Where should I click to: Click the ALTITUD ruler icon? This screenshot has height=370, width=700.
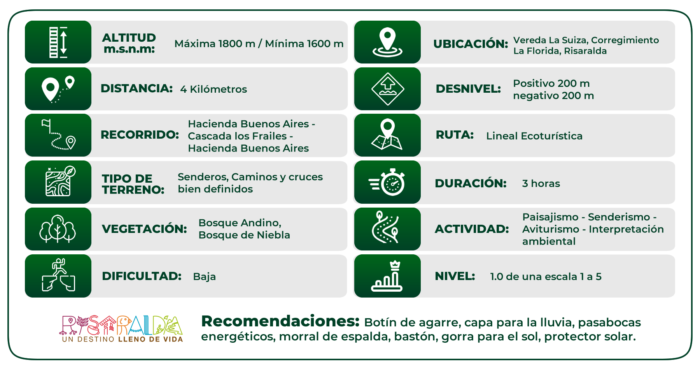[58, 42]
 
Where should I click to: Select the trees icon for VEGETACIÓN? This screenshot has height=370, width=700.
[58, 229]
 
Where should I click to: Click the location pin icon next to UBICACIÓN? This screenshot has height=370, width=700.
[387, 42]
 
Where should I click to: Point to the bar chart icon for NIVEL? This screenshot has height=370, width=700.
[387, 276]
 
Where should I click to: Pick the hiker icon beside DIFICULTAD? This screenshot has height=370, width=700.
[58, 275]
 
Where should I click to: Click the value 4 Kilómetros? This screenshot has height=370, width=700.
[213, 89]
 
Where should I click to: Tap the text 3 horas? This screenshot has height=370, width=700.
[541, 183]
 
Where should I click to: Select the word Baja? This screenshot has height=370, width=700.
[205, 277]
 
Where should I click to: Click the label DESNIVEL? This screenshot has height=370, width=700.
[468, 89]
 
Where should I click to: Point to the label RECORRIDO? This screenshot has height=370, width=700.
[140, 135]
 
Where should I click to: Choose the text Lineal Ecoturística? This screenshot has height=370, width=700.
[534, 136]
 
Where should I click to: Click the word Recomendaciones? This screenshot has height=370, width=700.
[280, 321]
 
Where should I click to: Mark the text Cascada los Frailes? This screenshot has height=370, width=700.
[237, 136]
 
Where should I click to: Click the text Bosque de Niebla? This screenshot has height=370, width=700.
[244, 235]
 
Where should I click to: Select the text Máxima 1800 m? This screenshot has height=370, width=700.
[215, 44]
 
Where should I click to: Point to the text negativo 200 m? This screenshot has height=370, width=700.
[553, 95]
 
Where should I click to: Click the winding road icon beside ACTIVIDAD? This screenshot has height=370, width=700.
[386, 227]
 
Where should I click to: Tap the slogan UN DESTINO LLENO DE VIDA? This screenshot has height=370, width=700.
[122, 339]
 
